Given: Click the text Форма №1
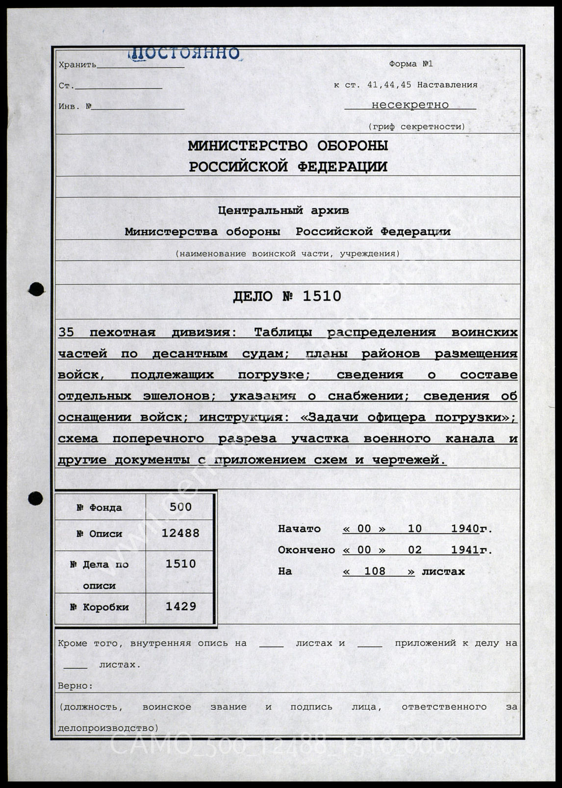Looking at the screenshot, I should click(x=410, y=64).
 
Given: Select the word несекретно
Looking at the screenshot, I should click(x=410, y=104).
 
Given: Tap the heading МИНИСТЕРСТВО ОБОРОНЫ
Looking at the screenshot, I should click(x=288, y=146).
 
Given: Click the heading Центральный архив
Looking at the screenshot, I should click(x=283, y=210).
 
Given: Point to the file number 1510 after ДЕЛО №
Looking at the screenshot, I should click(x=322, y=296).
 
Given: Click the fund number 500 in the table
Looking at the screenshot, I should click(x=180, y=507).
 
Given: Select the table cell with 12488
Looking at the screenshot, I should click(x=180, y=533).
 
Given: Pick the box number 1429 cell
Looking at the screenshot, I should click(x=180, y=607).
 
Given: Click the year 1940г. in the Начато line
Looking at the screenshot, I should click(x=471, y=529).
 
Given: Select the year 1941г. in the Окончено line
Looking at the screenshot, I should click(x=471, y=550).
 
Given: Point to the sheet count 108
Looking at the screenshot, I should click(x=375, y=571).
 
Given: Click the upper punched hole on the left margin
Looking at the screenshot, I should click(x=36, y=289).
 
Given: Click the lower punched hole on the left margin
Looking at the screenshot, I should click(x=35, y=499).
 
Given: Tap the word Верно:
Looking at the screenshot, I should click(x=75, y=686).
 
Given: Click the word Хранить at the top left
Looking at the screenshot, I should click(x=77, y=65).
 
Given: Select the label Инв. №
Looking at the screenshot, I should click(x=75, y=106).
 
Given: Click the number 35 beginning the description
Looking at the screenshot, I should click(x=66, y=332).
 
